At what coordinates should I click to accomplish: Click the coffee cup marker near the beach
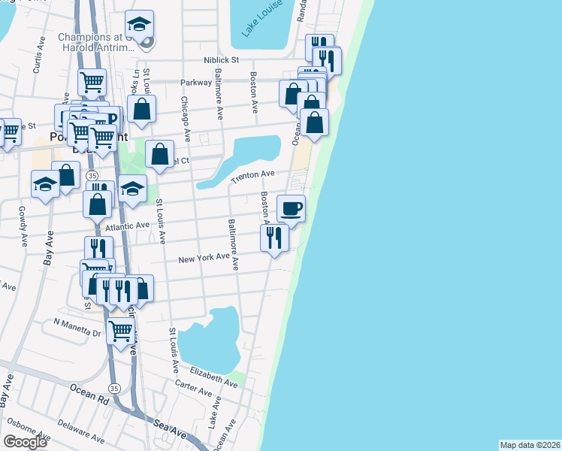tap(291, 207)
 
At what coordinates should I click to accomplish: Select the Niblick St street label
tap(220, 59)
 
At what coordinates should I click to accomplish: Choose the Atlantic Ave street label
tap(128, 225)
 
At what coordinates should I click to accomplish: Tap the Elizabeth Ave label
tap(213, 377)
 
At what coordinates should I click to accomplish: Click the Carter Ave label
tap(195, 391)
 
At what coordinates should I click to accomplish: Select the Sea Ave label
tap(171, 427)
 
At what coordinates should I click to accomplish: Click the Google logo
tap(25, 442)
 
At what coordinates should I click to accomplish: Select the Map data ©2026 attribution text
tap(530, 445)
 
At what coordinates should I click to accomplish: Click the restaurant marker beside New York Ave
tap(273, 238)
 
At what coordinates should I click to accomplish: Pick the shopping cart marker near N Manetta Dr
tap(120, 330)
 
